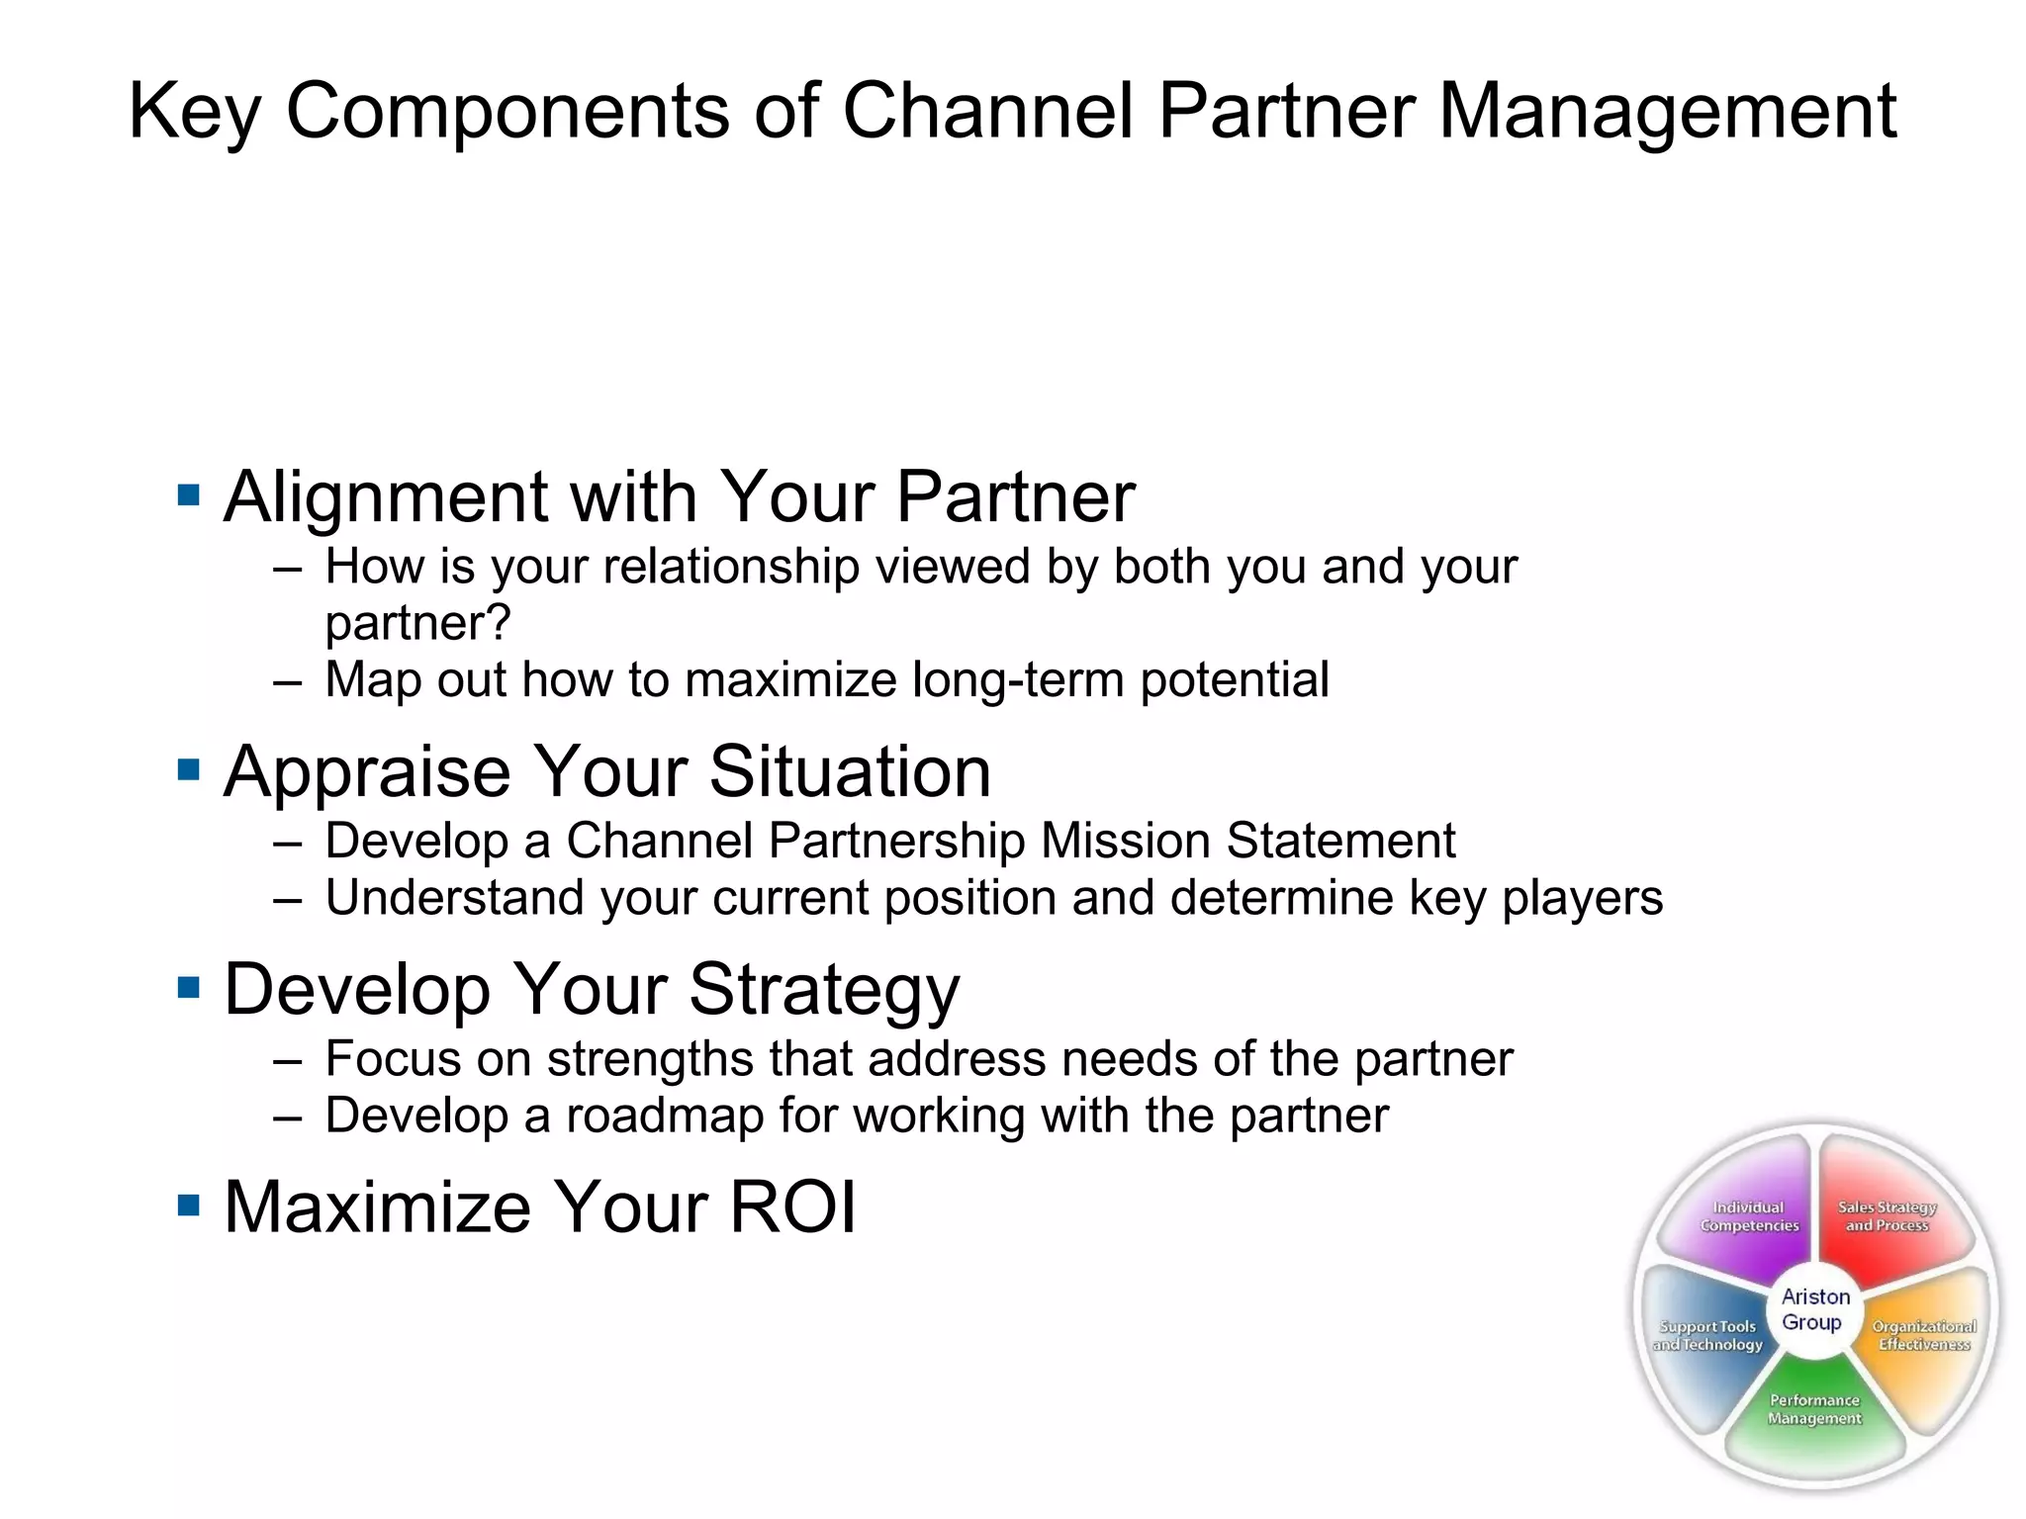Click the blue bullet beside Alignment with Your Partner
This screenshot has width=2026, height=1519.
(x=188, y=494)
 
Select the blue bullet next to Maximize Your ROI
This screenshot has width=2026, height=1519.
(x=188, y=1205)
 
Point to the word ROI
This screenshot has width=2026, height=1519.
(x=791, y=1206)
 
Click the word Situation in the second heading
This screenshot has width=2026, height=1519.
(x=850, y=771)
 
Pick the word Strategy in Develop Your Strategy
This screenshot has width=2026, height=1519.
(x=824, y=990)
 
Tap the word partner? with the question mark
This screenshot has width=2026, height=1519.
(x=417, y=623)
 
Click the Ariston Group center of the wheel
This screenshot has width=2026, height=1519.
(x=1814, y=1309)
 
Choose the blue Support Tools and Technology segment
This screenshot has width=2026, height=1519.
(x=1706, y=1335)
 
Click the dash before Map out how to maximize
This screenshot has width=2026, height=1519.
(x=287, y=681)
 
